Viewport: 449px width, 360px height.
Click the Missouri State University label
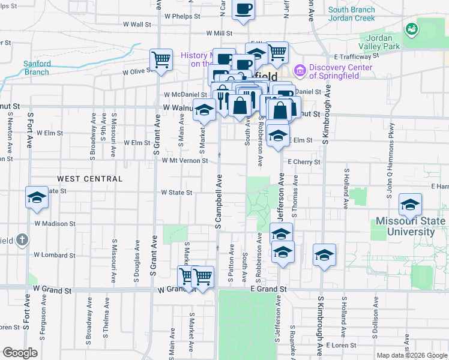click(411, 226)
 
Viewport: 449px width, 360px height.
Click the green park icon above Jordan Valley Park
click(411, 28)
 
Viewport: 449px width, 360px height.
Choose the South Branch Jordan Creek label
click(352, 14)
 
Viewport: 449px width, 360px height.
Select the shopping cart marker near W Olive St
click(161, 59)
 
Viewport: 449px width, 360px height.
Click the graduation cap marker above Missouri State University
click(411, 205)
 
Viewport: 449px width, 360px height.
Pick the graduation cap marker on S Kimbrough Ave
click(324, 256)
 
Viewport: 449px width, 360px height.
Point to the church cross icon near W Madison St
click(22, 240)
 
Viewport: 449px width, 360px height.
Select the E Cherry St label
click(304, 162)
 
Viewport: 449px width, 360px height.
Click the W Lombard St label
click(54, 255)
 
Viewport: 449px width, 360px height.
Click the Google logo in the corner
click(20, 353)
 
